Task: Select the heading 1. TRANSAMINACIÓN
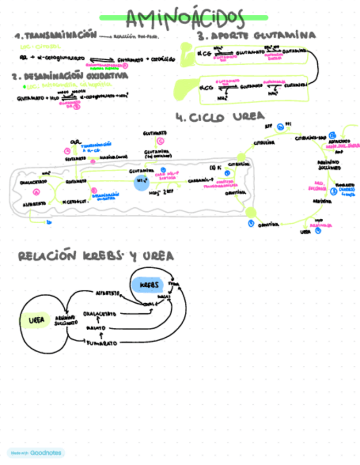point(55,36)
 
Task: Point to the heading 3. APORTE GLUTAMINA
point(257,36)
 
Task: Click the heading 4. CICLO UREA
point(220,116)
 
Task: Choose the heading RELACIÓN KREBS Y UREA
point(96,256)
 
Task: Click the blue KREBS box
point(148,286)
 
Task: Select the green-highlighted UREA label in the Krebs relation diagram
point(36,319)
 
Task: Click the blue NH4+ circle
point(142,182)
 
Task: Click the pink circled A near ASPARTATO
point(37,192)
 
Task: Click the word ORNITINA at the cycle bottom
point(269,224)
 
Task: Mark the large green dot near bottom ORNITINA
point(252,213)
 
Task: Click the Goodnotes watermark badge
point(36,453)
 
